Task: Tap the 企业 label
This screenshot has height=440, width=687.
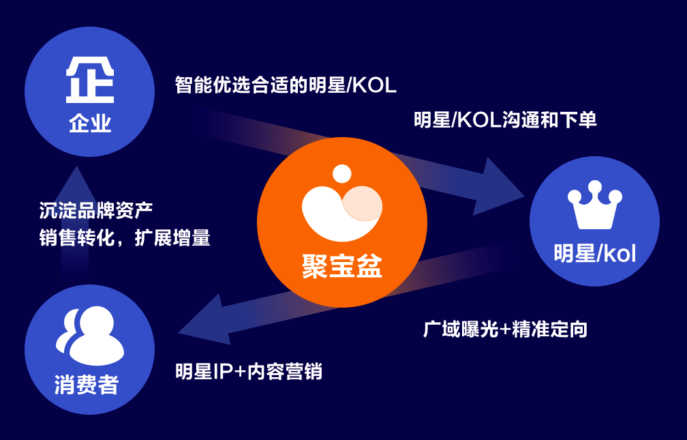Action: click(x=90, y=124)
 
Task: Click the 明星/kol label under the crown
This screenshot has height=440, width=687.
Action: click(x=594, y=254)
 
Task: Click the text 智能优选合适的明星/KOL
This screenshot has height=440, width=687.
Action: click(x=286, y=86)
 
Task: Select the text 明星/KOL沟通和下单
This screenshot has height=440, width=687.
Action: click(x=505, y=121)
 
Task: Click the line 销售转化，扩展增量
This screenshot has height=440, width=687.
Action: click(x=125, y=237)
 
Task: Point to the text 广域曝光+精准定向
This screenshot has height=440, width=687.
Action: click(x=505, y=329)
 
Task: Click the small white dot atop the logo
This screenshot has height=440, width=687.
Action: click(x=342, y=173)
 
